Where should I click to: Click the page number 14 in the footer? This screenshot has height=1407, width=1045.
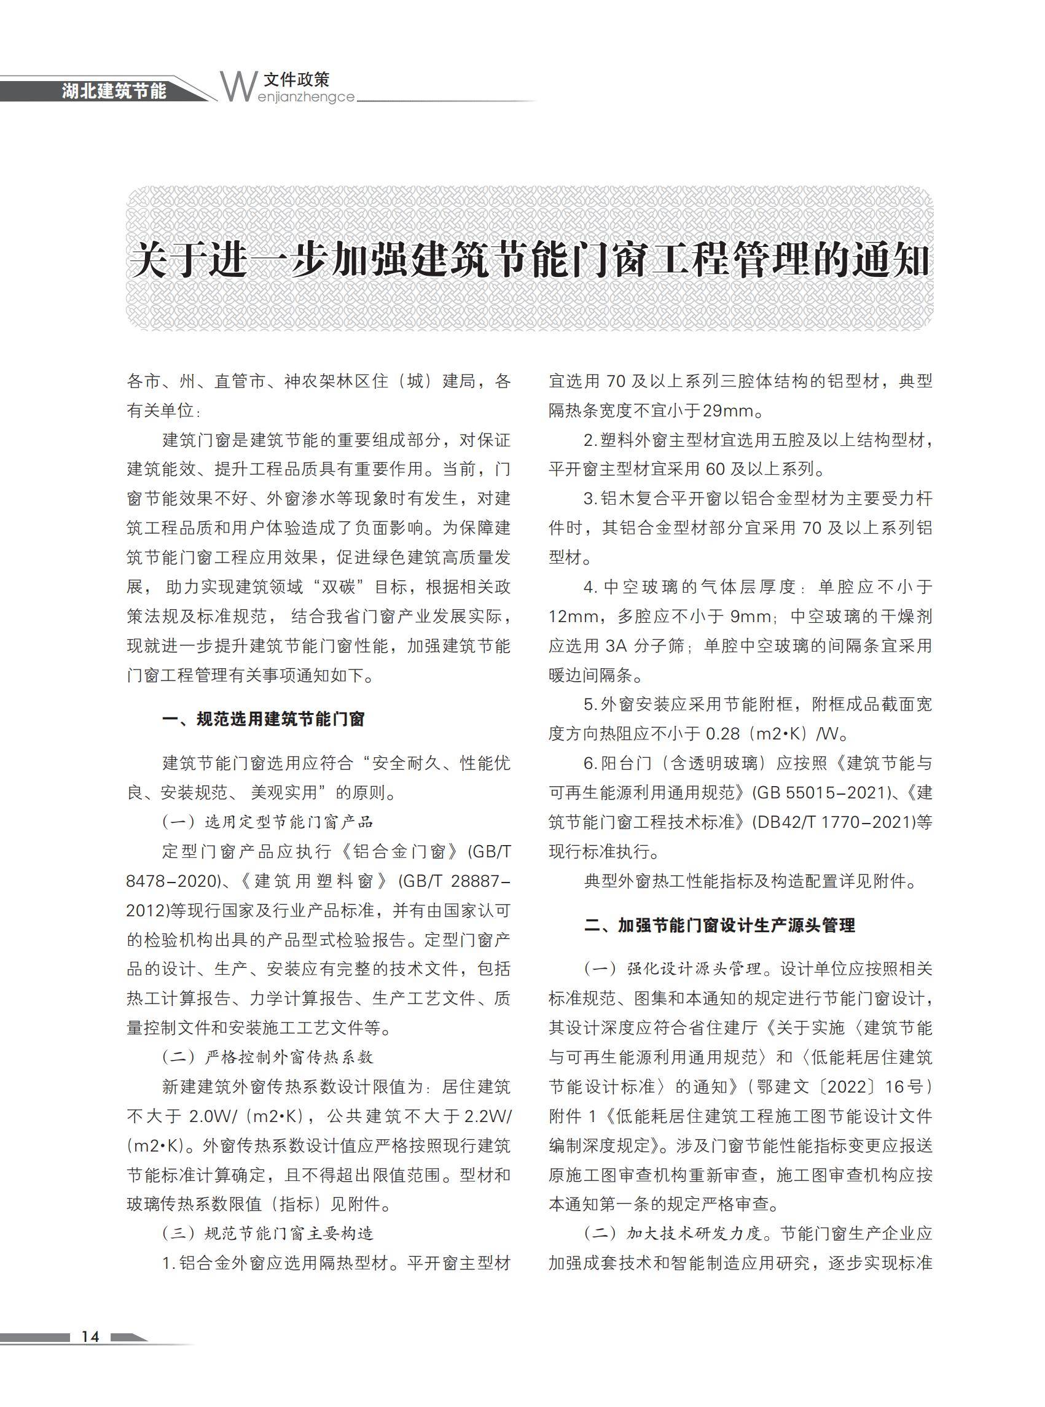pos(90,1336)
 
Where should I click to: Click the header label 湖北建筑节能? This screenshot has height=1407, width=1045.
pos(114,91)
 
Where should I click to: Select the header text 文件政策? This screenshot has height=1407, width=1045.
pos(297,79)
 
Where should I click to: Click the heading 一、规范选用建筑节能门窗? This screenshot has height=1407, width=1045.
pos(263,719)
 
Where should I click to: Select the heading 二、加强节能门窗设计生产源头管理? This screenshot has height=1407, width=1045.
pos(719,925)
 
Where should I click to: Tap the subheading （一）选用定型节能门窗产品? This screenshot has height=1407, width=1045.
pos(268,822)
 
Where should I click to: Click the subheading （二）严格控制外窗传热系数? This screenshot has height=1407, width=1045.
pos(268,1057)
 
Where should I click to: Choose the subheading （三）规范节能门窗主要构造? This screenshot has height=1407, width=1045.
pos(268,1233)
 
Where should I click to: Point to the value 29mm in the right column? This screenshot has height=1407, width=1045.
pos(727,411)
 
